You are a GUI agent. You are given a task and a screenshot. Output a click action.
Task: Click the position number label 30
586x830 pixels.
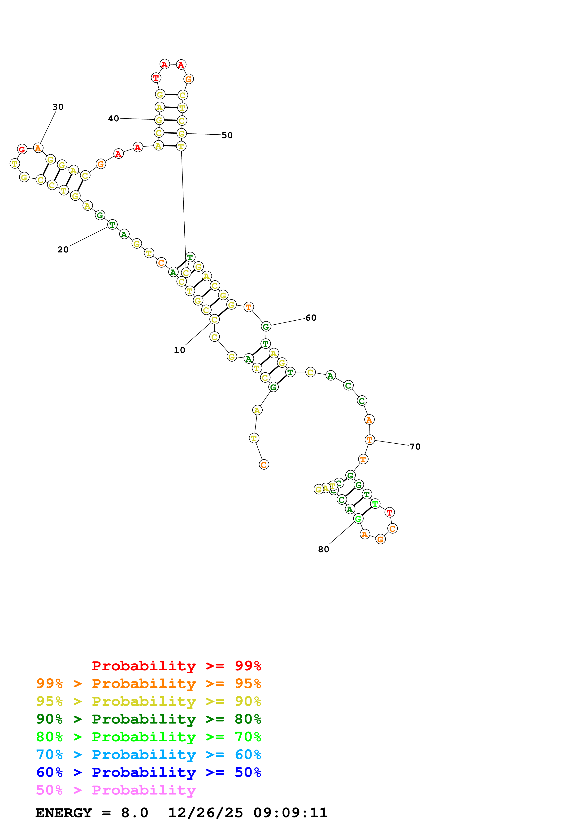58,107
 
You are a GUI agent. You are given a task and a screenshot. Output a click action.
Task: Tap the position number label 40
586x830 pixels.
113,119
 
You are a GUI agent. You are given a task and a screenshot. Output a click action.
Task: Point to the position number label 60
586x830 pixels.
311,318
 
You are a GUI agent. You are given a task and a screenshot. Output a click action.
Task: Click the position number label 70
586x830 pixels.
415,446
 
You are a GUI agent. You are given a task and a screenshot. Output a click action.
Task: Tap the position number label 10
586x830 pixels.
179,350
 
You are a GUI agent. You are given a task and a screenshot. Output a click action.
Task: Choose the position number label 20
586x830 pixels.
63,249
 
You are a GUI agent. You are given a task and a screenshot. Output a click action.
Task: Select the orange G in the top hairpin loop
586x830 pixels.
188,79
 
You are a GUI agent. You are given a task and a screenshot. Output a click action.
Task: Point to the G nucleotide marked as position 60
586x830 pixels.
266,327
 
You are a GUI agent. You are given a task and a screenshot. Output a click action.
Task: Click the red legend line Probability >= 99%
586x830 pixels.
176,666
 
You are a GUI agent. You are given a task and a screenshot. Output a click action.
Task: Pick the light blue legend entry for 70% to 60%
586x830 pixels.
148,755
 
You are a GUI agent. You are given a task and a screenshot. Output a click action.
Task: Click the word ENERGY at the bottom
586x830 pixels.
64,813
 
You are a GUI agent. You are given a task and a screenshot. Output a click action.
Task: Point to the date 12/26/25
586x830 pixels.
205,813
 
